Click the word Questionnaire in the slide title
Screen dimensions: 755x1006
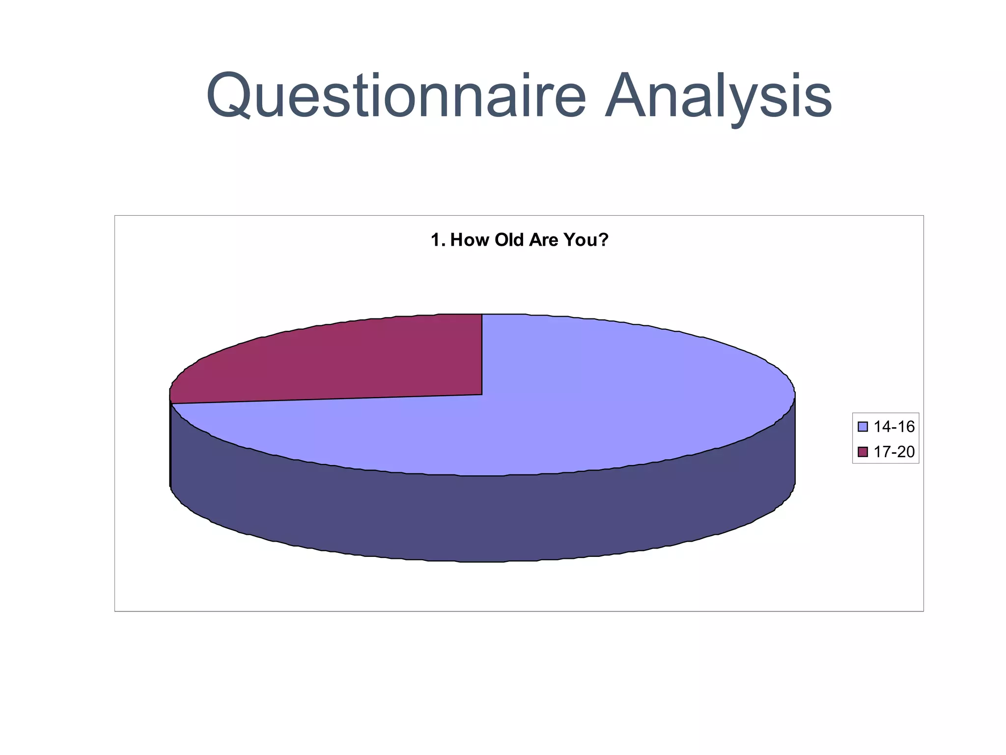click(396, 95)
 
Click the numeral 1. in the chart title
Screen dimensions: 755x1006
click(439, 240)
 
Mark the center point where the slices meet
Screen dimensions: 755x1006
click(482, 394)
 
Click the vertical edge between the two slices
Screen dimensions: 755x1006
click(482, 354)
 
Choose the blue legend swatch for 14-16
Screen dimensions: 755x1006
click(863, 427)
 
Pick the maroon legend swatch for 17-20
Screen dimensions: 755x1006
click(863, 452)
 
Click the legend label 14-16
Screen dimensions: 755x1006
click(894, 427)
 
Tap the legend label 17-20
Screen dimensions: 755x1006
click(894, 452)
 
